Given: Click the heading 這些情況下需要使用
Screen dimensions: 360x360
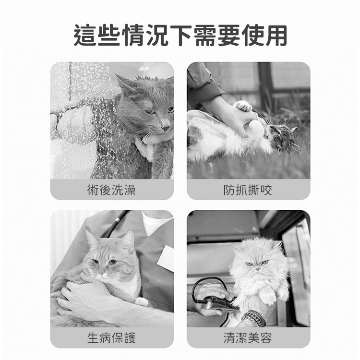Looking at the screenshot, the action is pos(180,36).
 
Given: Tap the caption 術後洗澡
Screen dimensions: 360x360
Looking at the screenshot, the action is pos(111,190).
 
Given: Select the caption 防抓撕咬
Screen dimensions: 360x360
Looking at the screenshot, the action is pos(248,190).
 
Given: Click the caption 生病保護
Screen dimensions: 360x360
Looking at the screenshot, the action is pos(111,338).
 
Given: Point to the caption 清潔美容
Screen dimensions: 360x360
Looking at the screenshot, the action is pos(248,338).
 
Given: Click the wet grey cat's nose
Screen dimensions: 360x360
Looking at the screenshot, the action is pos(165,127).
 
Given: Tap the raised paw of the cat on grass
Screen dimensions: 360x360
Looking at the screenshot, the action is pos(243,106).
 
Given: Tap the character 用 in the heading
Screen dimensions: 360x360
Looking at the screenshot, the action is pos(276,36).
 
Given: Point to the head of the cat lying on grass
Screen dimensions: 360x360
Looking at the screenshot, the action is pos(281,137).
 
